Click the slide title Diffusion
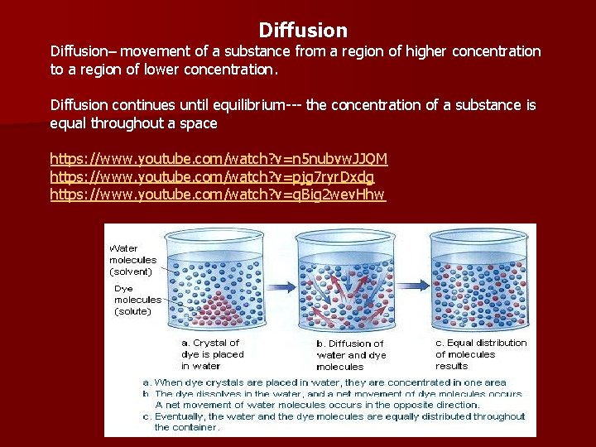click(x=303, y=31)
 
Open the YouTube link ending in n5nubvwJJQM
click(x=219, y=158)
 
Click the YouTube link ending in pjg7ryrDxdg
click(x=212, y=176)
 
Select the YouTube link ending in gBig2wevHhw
click(x=218, y=195)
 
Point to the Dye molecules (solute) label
click(x=132, y=300)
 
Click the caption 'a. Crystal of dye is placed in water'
click(x=214, y=353)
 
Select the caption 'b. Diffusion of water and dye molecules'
click(x=350, y=354)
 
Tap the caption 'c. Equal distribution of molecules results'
click(x=481, y=353)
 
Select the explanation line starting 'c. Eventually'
click(x=335, y=421)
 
